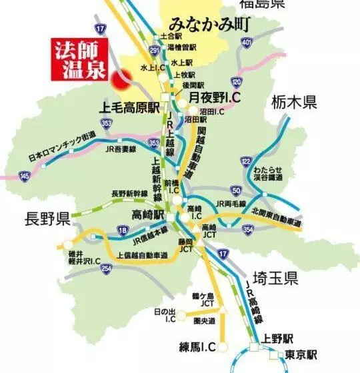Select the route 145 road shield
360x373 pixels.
coord(25,175)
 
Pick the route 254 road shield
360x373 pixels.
coord(105,268)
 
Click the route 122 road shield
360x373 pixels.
coord(246,161)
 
